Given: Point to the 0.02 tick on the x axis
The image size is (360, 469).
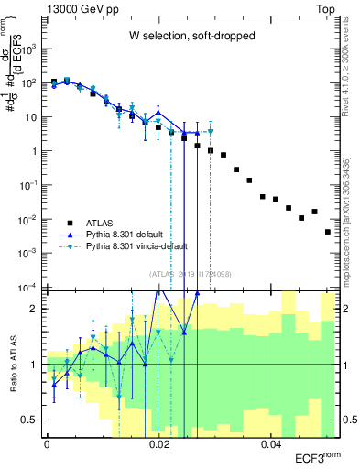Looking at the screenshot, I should pyautogui.click(x=159, y=444).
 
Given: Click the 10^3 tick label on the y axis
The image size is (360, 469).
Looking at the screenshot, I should pyautogui.click(x=31, y=48).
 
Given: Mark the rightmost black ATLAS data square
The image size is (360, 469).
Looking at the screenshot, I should pyautogui.click(x=327, y=232).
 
